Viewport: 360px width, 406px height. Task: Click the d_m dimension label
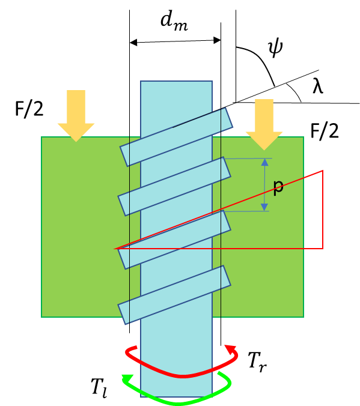(174, 22)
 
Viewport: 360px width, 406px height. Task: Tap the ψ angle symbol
(275, 48)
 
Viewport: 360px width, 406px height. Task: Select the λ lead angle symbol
(318, 86)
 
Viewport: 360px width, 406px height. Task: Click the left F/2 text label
(29, 109)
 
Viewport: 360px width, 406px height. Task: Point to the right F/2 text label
(325, 132)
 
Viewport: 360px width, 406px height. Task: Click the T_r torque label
(257, 361)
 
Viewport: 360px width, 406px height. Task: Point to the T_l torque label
(99, 387)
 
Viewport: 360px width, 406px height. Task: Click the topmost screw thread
(176, 137)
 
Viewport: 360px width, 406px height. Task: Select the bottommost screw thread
(174, 295)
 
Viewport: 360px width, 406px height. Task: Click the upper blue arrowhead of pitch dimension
(264, 162)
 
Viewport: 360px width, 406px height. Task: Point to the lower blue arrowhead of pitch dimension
(264, 207)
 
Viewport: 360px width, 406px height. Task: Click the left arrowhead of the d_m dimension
(133, 43)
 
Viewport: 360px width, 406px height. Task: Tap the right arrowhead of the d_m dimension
(217, 40)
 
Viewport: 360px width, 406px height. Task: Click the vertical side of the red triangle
(323, 210)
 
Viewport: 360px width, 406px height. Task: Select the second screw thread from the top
(174, 186)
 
